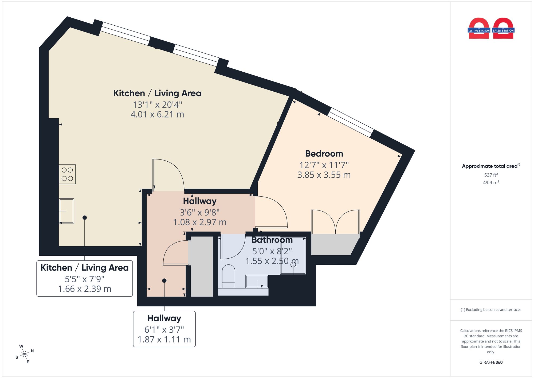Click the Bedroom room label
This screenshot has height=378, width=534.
pos(324,154)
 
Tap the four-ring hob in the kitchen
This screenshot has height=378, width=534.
pos(67,174)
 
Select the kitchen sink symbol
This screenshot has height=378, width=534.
pos(66,211)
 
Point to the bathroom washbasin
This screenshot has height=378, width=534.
pos(257,282)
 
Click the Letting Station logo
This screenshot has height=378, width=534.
pos(479,29)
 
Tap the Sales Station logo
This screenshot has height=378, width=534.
pos(503,29)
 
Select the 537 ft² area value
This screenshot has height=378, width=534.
pos(491,175)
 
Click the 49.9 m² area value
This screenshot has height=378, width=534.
pos(491,182)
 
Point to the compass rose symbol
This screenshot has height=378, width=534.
pos(25,354)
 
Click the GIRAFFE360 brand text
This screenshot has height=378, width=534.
pos(491,362)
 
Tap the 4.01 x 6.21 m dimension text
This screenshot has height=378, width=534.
pos(157,114)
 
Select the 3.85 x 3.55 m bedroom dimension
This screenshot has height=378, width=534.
pos(324,175)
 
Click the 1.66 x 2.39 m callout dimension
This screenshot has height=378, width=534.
pos(85,289)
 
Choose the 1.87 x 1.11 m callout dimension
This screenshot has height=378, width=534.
pos(164,339)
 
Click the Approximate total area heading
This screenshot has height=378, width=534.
pos(491,166)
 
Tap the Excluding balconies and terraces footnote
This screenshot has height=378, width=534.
pos(491,310)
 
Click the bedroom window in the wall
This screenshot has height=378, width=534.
pos(351,122)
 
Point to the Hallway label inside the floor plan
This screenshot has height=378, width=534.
pos(200,201)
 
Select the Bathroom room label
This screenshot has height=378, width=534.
pos(272,240)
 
